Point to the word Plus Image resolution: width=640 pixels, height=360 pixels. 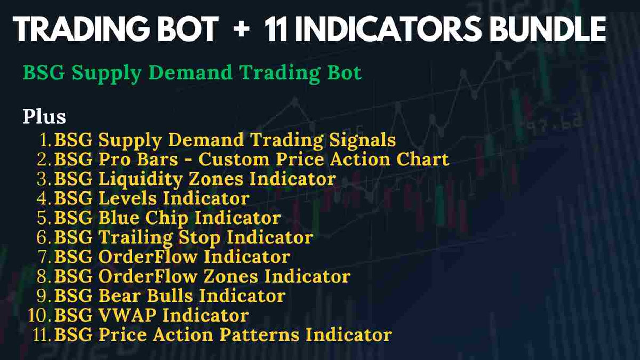point(44,116)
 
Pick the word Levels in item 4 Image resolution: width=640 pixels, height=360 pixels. point(128,198)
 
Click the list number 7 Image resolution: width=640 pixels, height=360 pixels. point(45,257)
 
